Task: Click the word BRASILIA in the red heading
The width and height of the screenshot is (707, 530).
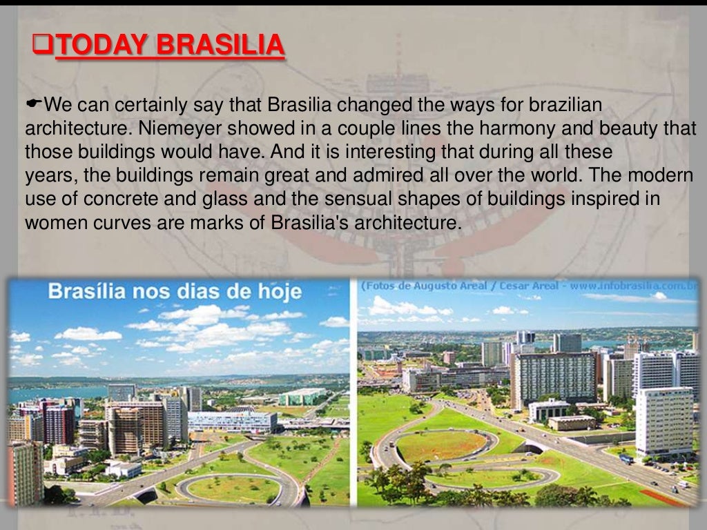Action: pyautogui.click(x=220, y=45)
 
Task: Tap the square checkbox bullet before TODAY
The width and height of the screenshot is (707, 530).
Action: pyautogui.click(x=42, y=46)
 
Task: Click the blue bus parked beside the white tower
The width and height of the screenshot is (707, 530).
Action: pyautogui.click(x=626, y=458)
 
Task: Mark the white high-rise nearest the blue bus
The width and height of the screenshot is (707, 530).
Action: pyautogui.click(x=664, y=421)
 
